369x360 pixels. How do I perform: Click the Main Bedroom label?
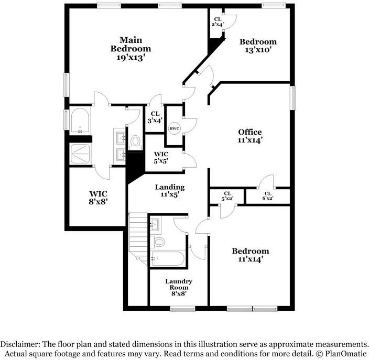131,44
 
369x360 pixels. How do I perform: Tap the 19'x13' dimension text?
131,58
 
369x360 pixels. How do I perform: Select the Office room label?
250,132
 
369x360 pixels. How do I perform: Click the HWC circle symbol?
173,129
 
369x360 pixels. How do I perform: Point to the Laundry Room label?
179,285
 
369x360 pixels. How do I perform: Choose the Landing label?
170,187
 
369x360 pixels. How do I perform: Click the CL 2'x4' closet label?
218,21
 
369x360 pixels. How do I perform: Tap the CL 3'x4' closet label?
155,117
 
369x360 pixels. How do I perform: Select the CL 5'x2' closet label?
227,195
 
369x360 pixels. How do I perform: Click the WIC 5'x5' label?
161,157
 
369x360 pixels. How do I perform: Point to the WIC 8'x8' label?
98,197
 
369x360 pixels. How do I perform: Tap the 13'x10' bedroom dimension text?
257,50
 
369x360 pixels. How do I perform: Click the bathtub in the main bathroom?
80,122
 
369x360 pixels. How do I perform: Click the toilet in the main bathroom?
136,140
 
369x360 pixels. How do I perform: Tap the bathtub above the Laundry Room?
167,257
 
